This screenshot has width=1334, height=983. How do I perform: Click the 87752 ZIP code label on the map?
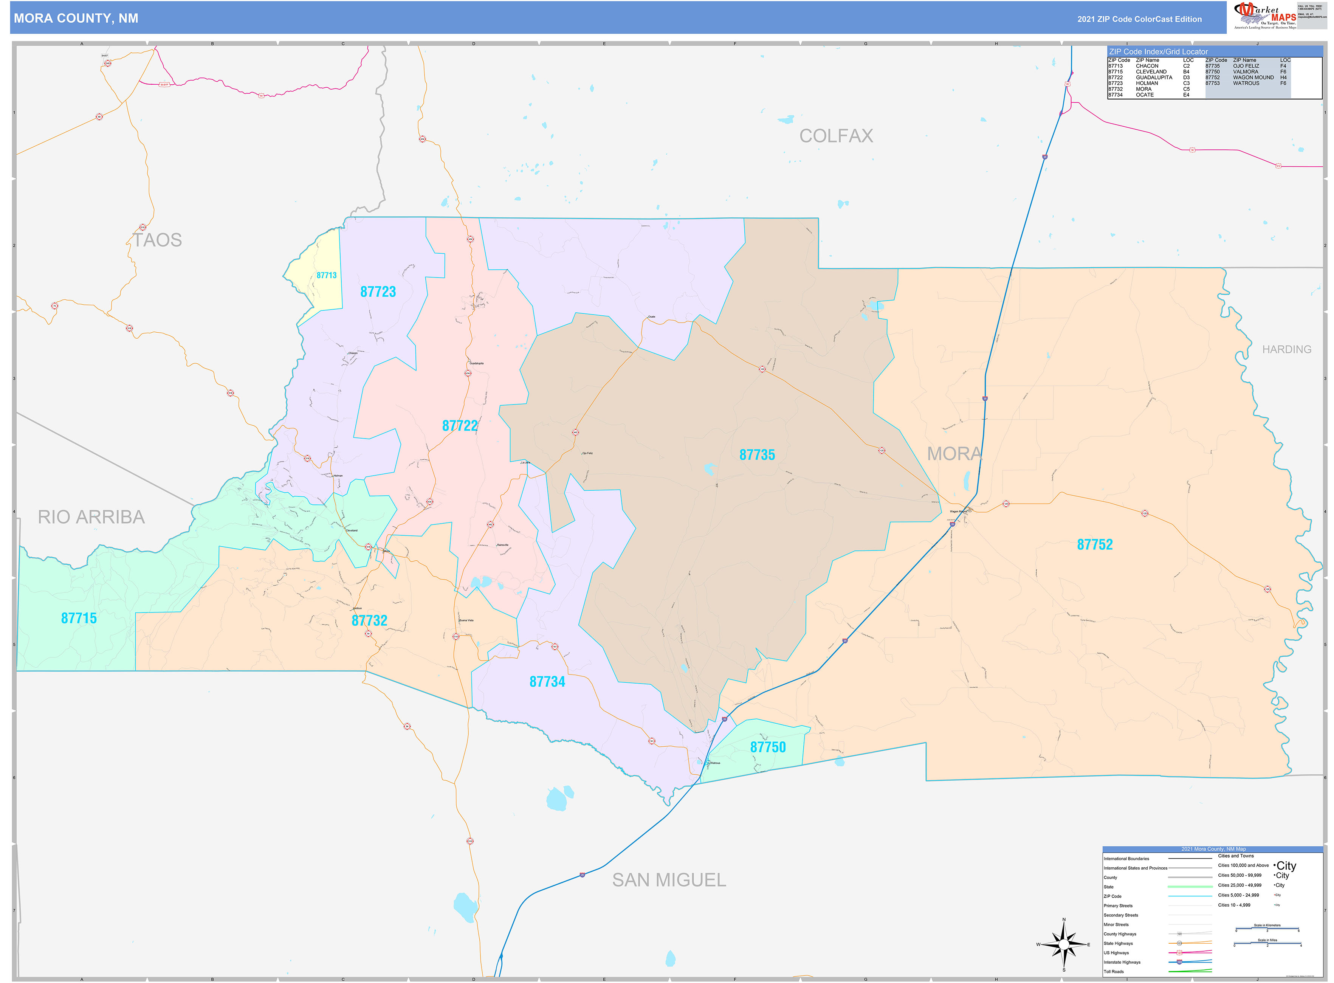pos(1094,544)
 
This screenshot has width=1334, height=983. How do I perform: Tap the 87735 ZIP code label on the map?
pos(757,455)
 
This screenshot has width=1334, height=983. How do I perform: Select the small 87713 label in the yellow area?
pos(327,276)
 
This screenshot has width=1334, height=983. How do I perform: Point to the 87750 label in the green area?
pos(768,747)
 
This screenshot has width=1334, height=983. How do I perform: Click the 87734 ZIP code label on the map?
pos(547,682)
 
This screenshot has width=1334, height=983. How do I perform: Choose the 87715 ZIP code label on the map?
pos(79,618)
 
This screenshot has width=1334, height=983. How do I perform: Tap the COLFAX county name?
pos(836,136)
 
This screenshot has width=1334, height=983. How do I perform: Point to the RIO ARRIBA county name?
pos(91,517)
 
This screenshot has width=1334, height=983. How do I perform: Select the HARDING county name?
pos(1286,350)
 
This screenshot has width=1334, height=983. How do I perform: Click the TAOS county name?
pos(157,240)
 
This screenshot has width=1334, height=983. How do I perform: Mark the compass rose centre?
pos(1064,944)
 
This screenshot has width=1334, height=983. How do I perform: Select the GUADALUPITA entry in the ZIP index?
pos(1154,78)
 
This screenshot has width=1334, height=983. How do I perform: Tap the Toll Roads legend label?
pos(1114,972)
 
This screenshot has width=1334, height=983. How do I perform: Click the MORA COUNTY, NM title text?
pos(76,19)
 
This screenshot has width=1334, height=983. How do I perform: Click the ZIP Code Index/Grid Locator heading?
pos(1158,52)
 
